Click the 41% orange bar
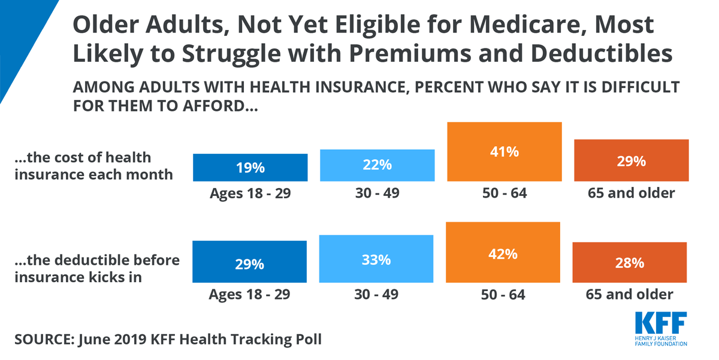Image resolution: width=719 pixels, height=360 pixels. (504, 152)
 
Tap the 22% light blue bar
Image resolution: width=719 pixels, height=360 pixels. (377, 165)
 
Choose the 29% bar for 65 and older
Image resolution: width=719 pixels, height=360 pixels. (630, 161)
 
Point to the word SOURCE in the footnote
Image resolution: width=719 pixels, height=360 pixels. (41, 339)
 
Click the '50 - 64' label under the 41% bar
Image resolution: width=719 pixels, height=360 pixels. (504, 193)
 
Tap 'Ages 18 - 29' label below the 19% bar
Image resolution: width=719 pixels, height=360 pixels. (249, 193)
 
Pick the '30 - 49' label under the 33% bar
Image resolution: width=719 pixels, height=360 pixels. (377, 294)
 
